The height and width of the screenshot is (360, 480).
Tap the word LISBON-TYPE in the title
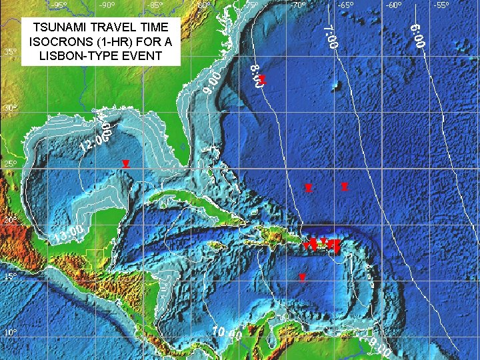point(77,55)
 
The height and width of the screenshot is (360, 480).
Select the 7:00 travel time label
point(330,37)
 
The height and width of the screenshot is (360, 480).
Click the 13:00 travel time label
point(69,234)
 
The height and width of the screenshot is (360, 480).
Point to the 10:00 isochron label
point(227,337)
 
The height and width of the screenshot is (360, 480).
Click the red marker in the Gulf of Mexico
point(125,163)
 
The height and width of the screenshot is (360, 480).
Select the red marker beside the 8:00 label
point(263,79)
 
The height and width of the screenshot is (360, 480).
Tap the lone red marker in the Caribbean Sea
point(302,277)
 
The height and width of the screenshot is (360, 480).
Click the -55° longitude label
point(441,5)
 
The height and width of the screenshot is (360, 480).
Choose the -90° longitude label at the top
point(106,5)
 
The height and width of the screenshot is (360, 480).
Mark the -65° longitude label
point(345,5)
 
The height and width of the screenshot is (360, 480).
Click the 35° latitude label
point(11,51)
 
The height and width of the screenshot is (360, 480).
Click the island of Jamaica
point(215,246)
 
